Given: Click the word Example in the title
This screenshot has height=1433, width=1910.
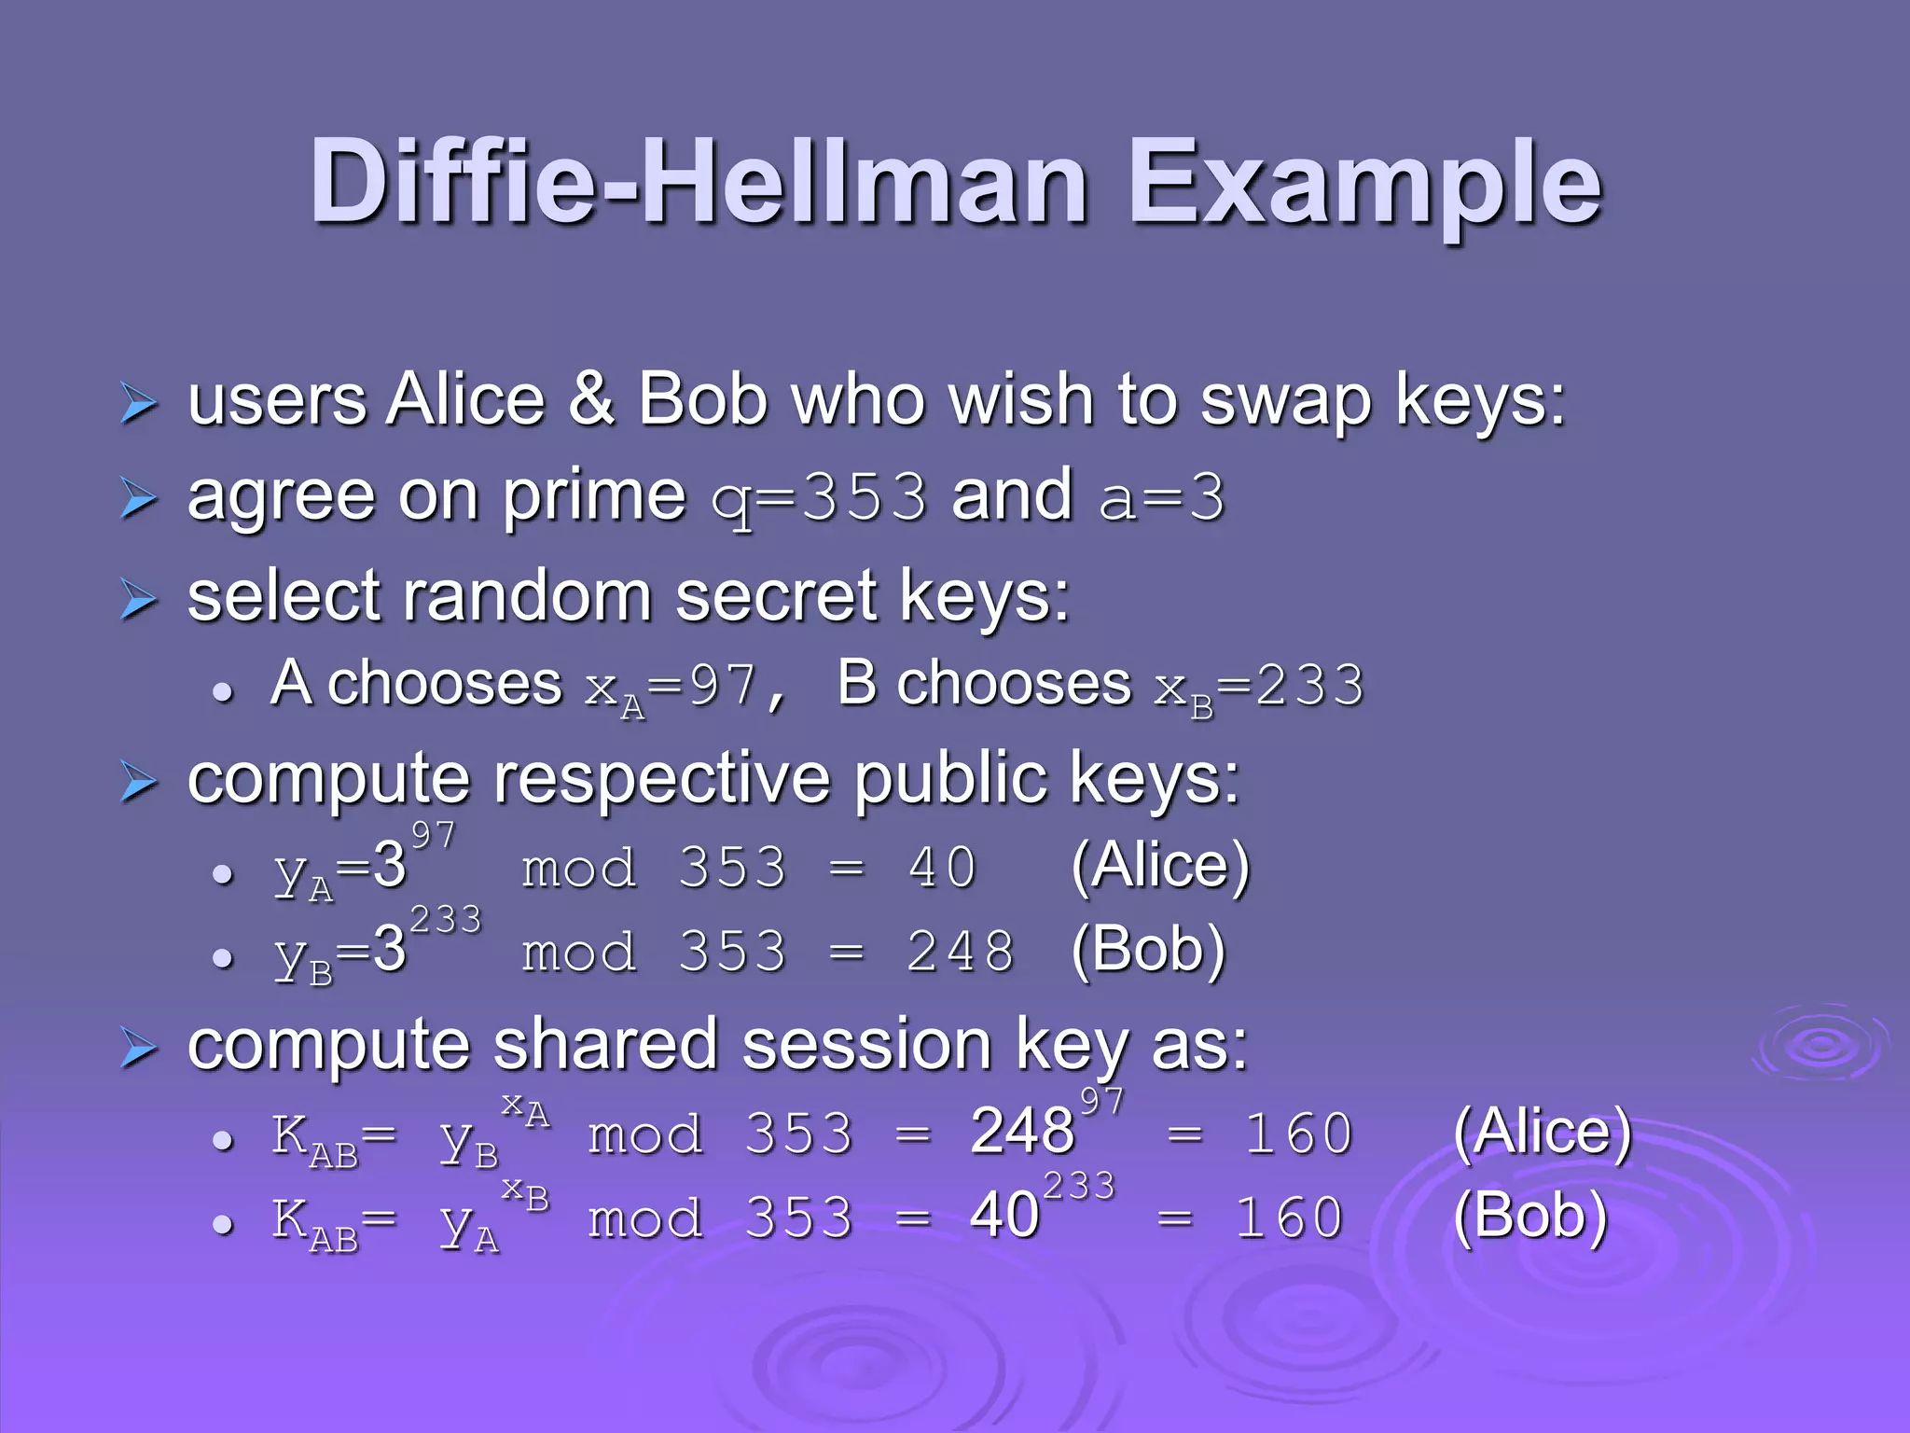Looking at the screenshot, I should tap(1365, 183).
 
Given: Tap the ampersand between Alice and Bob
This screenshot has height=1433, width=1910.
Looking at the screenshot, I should tap(591, 399).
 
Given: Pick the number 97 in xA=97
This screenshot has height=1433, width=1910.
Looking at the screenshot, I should tap(723, 686).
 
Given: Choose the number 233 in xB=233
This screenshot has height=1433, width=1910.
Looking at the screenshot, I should tap(1309, 686).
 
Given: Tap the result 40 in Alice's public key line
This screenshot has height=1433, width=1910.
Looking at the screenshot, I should tap(942, 867).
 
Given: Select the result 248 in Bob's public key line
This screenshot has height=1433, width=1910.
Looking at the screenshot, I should tap(961, 952).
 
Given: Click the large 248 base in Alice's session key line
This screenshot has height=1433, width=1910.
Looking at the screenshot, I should tap(1022, 1131).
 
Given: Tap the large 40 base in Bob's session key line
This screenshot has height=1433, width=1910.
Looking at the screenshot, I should tap(1004, 1215).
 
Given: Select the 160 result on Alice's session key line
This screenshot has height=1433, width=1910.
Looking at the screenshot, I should tap(1298, 1134).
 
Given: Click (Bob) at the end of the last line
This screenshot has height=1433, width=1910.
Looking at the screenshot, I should tap(1529, 1215).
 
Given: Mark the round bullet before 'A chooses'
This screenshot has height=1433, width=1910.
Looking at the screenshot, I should tap(222, 692).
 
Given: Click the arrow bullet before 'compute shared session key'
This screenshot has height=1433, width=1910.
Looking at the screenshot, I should tap(139, 1050).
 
